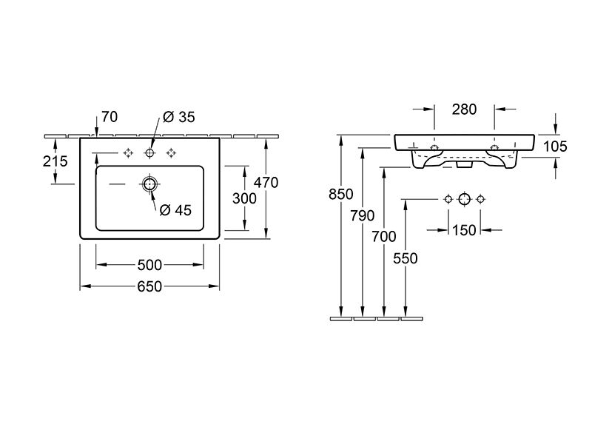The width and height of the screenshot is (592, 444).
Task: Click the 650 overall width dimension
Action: click(x=149, y=286)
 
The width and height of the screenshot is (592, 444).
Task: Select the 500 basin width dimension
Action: click(x=149, y=265)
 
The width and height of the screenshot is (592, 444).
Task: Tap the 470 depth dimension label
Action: click(x=266, y=183)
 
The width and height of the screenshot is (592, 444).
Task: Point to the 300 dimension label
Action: click(x=244, y=198)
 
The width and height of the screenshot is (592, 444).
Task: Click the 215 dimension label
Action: click(x=55, y=161)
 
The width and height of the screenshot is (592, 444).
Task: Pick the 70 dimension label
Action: click(x=110, y=117)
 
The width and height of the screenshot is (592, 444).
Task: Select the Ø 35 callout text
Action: click(x=179, y=117)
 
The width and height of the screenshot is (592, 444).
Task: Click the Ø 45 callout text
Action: click(x=175, y=210)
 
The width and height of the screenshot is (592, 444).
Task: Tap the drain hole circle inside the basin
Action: click(x=150, y=184)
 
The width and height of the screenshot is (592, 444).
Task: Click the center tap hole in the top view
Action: click(x=150, y=153)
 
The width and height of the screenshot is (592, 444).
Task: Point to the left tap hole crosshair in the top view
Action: click(x=128, y=153)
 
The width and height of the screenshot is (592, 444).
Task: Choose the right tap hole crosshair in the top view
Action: click(x=172, y=153)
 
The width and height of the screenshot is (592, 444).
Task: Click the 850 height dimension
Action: click(x=341, y=194)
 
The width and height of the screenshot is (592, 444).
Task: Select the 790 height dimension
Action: click(x=363, y=215)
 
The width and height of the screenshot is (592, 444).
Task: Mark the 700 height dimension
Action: click(x=384, y=237)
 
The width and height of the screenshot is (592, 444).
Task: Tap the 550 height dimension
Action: click(x=406, y=258)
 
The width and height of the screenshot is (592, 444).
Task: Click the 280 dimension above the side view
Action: click(x=465, y=110)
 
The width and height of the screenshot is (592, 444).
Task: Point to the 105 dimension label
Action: click(x=555, y=147)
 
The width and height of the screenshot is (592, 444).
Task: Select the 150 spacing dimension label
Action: click(x=465, y=230)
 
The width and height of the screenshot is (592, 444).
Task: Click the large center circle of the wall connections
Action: click(x=465, y=199)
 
